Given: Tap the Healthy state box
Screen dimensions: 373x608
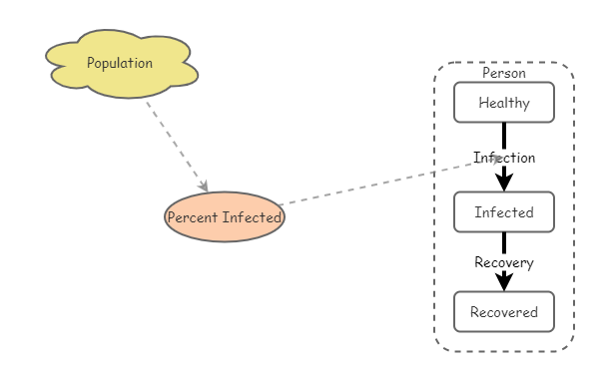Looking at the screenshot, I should pyautogui.click(x=503, y=103).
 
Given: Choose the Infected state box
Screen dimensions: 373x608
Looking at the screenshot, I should pyautogui.click(x=503, y=212).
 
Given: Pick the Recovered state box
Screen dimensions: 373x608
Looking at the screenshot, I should pyautogui.click(x=503, y=312).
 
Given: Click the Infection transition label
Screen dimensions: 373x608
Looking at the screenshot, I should pyautogui.click(x=504, y=158).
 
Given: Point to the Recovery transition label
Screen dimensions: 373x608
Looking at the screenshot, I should pyautogui.click(x=504, y=263).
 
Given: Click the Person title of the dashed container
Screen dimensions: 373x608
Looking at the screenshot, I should pyautogui.click(x=503, y=73).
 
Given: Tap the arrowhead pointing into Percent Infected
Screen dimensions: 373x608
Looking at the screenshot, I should pyautogui.click(x=204, y=186).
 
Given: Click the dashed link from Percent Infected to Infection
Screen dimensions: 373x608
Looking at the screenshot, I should pyautogui.click(x=379, y=183).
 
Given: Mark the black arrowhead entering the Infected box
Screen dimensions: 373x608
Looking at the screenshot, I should pyautogui.click(x=504, y=182).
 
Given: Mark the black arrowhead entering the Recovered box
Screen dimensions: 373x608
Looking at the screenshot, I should pyautogui.click(x=504, y=282).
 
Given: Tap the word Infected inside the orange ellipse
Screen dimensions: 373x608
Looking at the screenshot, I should pyautogui.click(x=251, y=217).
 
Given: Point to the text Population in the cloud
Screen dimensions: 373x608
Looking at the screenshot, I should pyautogui.click(x=120, y=63).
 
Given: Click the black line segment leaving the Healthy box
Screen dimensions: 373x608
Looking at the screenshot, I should pyautogui.click(x=504, y=135).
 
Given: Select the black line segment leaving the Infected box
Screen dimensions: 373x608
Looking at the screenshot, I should pyautogui.click(x=504, y=242).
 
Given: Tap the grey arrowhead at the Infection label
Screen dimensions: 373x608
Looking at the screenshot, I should pyautogui.click(x=495, y=158).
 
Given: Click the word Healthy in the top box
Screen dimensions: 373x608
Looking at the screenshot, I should pyautogui.click(x=503, y=103).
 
